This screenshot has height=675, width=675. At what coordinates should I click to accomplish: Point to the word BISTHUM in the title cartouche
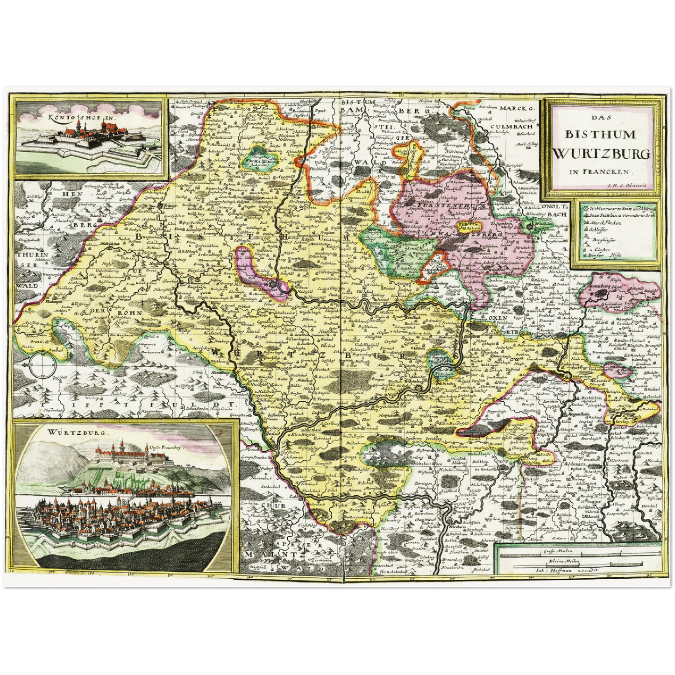click(x=601, y=135)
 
